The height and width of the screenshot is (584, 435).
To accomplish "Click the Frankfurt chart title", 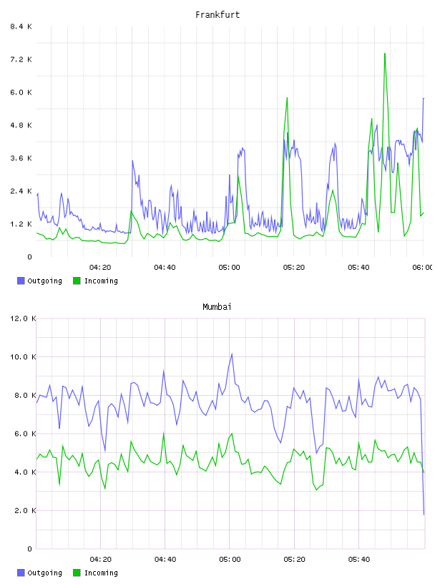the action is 217,15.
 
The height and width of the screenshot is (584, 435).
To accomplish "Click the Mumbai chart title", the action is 217,307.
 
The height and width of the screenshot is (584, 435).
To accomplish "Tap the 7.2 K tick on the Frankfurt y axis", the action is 21,59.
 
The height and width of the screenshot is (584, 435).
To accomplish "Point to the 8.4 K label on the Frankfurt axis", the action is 21,26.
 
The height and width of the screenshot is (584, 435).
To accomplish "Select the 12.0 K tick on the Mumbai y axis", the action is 23,318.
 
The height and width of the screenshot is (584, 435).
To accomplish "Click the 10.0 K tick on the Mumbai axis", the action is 23,357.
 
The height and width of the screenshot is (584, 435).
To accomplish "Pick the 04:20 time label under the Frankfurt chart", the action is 100,268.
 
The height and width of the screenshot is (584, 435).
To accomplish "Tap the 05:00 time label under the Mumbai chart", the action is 230,560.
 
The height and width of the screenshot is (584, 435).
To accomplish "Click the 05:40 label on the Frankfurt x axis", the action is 358,268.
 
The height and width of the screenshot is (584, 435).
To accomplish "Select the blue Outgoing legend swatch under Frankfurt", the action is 21,281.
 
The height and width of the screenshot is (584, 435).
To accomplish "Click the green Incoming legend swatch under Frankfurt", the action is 77,281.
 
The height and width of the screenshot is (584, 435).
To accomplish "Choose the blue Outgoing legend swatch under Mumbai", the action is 21,573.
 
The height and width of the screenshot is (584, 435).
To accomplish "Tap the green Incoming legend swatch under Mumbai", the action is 77,573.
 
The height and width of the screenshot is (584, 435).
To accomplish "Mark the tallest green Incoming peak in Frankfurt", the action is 385,54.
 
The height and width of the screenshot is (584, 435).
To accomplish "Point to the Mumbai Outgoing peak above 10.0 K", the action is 232,354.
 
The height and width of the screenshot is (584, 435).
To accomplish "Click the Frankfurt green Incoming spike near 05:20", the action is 287,98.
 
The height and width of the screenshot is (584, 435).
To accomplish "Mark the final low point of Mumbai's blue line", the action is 424,515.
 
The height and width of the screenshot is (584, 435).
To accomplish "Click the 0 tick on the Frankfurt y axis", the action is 30,257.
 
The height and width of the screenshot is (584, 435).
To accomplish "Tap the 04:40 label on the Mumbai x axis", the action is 165,560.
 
